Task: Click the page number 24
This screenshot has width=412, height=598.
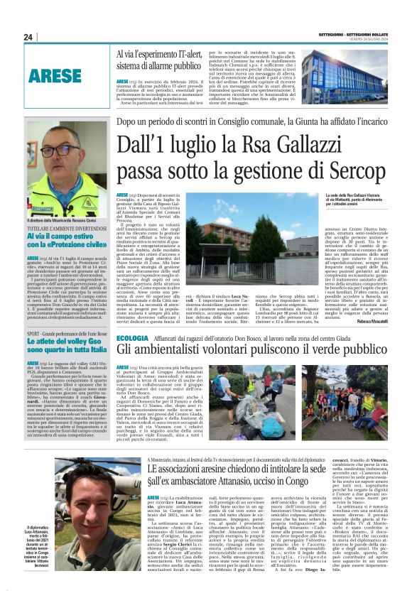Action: [28, 36]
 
